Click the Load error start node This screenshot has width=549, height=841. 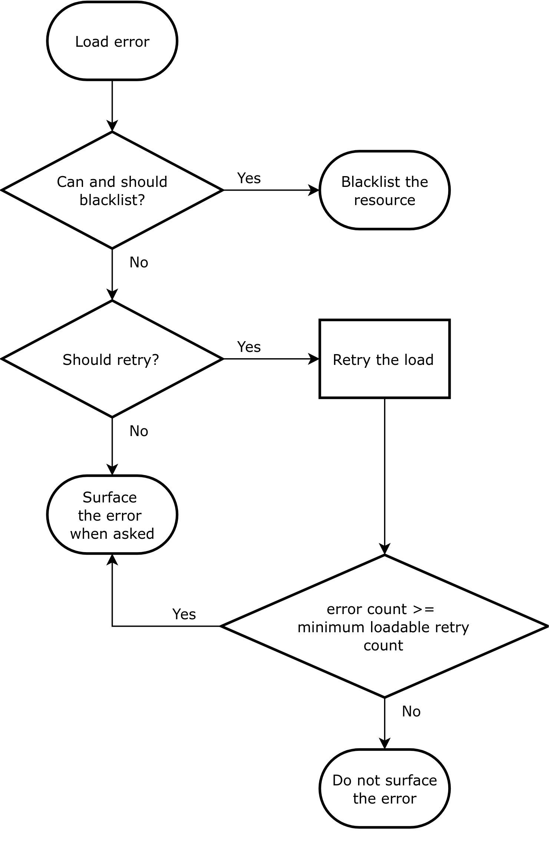(112, 41)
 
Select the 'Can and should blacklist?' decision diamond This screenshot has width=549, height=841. (112, 190)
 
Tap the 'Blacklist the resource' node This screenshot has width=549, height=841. (385, 190)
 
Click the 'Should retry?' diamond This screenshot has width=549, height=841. (112, 359)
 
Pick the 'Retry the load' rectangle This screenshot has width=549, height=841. (385, 359)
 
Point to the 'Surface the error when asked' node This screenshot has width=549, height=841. (112, 515)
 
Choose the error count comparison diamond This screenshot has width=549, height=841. (385, 626)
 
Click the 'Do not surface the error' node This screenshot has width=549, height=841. (385, 789)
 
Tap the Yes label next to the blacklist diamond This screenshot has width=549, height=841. (249, 178)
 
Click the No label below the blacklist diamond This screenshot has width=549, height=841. (139, 263)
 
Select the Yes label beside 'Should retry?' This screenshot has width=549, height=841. (249, 347)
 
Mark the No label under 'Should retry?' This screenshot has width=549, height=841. (139, 431)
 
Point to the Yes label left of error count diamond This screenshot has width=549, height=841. (184, 614)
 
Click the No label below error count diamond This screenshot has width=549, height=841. (411, 712)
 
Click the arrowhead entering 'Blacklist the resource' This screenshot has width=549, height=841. (314, 190)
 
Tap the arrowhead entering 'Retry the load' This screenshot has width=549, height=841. (314, 359)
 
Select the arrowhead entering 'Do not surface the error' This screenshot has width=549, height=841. (385, 743)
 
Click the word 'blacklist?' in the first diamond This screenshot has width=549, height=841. (112, 200)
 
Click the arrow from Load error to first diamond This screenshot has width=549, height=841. (112, 106)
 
